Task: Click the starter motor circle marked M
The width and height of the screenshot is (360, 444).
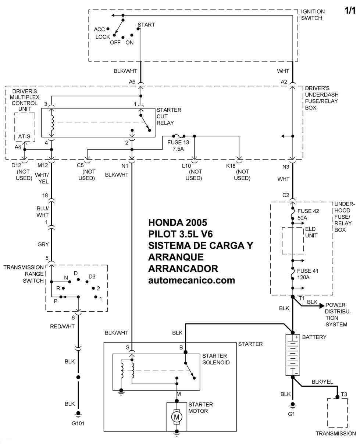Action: pos(177,417)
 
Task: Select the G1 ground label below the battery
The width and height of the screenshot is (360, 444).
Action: pos(292,414)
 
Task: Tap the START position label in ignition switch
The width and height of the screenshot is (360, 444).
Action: pos(146,25)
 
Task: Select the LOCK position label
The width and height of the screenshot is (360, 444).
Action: pos(103,37)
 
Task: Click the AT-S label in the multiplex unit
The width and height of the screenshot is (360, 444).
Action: pos(24,137)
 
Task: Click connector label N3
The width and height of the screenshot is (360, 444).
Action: pos(286,166)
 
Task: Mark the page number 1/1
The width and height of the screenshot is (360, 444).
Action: pos(350,11)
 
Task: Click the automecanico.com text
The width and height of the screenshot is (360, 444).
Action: pos(191,280)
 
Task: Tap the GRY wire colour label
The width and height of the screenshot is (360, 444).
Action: pos(43,244)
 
